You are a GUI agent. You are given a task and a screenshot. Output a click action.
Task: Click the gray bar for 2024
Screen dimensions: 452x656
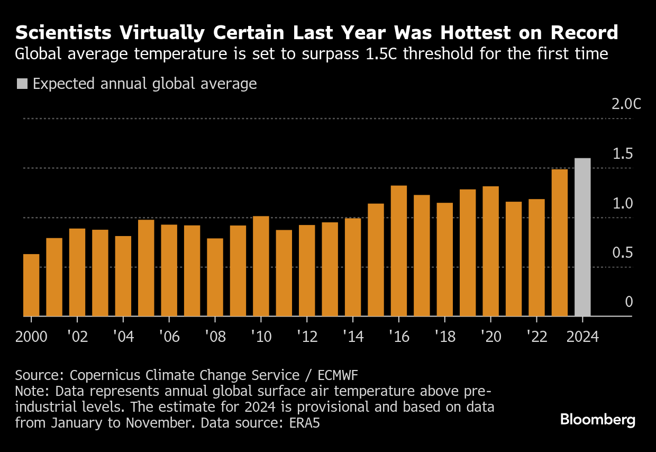pyautogui.click(x=582, y=237)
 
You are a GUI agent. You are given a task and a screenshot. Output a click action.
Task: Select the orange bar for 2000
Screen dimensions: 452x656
pyautogui.click(x=31, y=285)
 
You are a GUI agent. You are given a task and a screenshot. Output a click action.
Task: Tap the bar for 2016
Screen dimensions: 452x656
pyautogui.click(x=399, y=251)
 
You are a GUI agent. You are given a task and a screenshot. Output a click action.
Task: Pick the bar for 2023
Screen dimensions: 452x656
pyautogui.click(x=559, y=243)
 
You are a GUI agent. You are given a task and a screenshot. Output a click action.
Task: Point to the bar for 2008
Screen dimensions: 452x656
pyautogui.click(x=215, y=277)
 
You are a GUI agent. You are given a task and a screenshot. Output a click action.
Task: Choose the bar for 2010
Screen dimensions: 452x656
pyautogui.click(x=261, y=266)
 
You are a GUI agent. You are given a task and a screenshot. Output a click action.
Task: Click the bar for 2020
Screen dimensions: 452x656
pyautogui.click(x=490, y=251)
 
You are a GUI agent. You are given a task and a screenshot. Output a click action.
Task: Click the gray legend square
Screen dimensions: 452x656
pyautogui.click(x=22, y=84)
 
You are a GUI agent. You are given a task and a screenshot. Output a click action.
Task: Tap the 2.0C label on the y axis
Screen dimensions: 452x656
pyautogui.click(x=626, y=104)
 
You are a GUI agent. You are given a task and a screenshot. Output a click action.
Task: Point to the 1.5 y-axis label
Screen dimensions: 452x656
pyautogui.click(x=623, y=154)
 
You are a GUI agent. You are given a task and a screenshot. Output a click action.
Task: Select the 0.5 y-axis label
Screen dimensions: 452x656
pyautogui.click(x=623, y=253)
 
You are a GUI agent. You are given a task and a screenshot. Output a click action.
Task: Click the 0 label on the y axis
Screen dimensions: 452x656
pyautogui.click(x=629, y=302)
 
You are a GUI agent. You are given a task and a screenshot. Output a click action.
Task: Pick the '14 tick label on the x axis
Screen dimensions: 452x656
pyautogui.click(x=353, y=337)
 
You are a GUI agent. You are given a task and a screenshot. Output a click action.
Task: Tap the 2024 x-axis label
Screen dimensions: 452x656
pyautogui.click(x=582, y=337)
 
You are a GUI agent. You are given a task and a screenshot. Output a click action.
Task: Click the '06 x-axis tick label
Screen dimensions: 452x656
pyautogui.click(x=169, y=337)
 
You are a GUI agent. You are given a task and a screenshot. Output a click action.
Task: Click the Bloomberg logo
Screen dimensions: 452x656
pyautogui.click(x=598, y=420)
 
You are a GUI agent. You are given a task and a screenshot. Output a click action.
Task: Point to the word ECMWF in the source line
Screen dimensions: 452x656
pyautogui.click(x=338, y=376)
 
